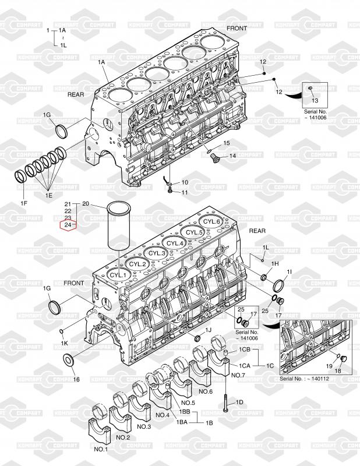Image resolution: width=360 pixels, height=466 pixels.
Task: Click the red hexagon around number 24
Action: (68, 225)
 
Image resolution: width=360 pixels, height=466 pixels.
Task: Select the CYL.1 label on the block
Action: (118, 274)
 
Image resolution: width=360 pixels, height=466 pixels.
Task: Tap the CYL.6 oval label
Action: (211, 222)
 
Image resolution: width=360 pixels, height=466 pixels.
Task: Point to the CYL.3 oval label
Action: (156, 253)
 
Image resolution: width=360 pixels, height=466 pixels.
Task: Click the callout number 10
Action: (184, 183)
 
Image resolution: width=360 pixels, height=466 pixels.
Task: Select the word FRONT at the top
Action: (237, 28)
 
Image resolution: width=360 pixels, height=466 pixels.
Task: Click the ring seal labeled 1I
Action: (278, 285)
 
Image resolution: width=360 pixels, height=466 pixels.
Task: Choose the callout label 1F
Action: (24, 203)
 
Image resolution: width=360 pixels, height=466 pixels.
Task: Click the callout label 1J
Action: (209, 331)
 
